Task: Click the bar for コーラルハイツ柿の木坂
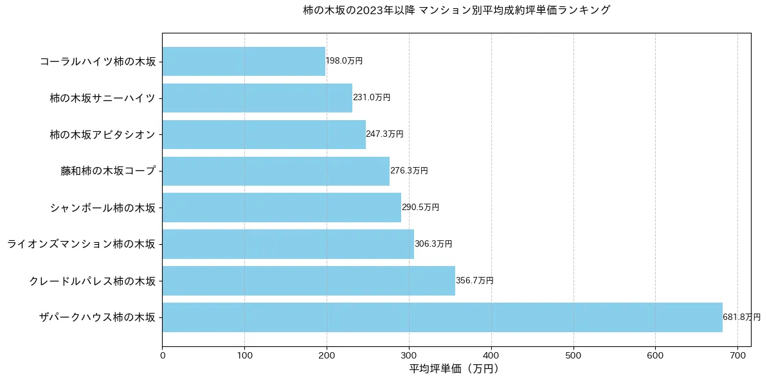(x=244, y=61)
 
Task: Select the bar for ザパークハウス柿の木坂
(x=442, y=317)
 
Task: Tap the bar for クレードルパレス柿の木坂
(x=309, y=281)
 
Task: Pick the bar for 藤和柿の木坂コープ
(x=276, y=171)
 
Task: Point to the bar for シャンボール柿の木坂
(x=282, y=208)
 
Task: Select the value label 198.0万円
(x=344, y=61)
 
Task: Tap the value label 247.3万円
(x=384, y=134)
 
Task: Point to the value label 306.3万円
(x=433, y=244)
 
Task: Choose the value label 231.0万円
(x=372, y=98)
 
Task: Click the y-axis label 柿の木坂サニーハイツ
(x=103, y=98)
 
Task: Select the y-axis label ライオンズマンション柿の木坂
(x=81, y=245)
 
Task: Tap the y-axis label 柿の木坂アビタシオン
(x=103, y=135)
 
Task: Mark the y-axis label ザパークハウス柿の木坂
(x=97, y=318)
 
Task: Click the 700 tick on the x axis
(x=737, y=354)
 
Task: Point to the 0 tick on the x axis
(x=163, y=354)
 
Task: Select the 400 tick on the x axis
(x=491, y=354)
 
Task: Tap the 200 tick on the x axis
(x=327, y=354)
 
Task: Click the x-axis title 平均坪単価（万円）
(x=454, y=369)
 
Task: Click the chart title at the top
(x=456, y=10)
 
